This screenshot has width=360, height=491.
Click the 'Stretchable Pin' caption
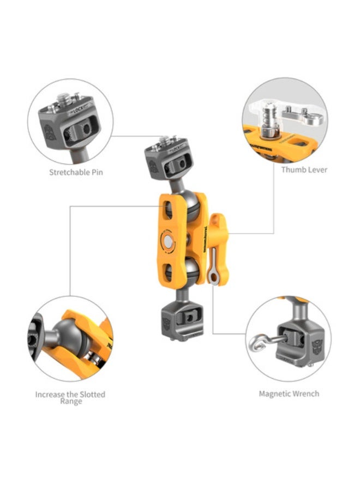click(76, 172)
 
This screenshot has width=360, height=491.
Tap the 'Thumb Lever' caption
click(304, 169)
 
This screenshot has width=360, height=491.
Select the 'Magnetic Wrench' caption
click(289, 393)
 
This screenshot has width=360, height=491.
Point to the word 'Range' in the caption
click(71, 402)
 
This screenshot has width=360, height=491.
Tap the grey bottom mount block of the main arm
click(182, 322)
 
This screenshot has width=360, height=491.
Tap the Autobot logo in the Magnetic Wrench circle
click(316, 347)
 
